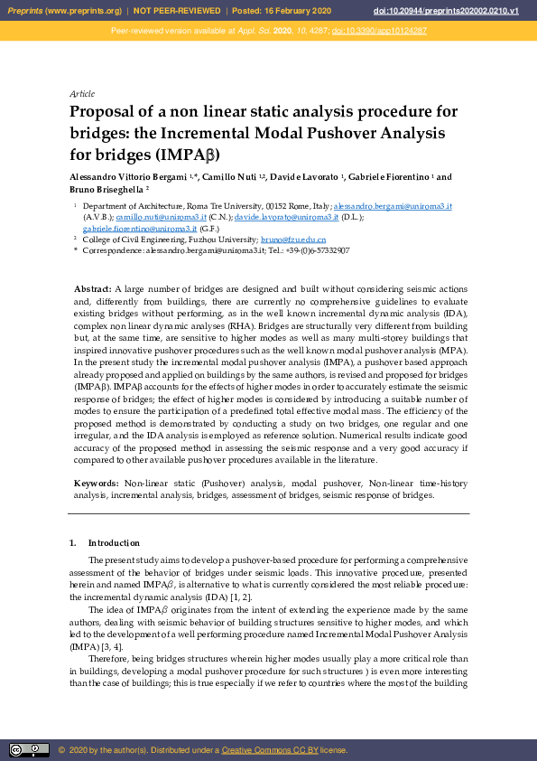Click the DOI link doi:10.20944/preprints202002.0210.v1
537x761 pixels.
click(458, 11)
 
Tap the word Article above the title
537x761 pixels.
click(82, 94)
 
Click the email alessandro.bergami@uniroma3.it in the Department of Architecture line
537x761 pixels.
click(393, 207)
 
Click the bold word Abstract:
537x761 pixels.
click(92, 288)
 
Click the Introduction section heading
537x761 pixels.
click(114, 543)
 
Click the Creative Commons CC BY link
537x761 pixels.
click(267, 750)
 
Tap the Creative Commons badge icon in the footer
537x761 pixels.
click(29, 749)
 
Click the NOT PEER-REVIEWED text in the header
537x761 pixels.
click(178, 11)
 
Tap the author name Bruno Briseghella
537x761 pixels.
click(106, 190)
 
